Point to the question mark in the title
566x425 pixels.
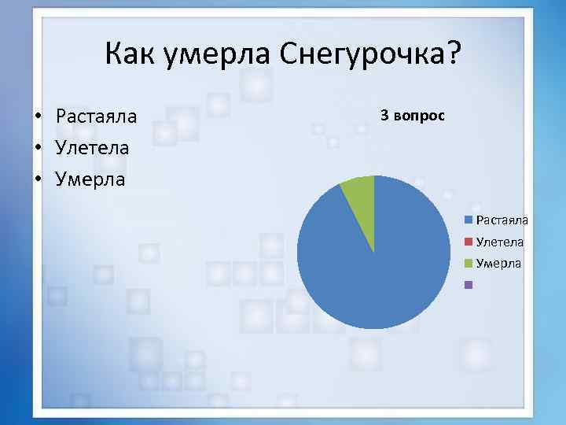coord(454,55)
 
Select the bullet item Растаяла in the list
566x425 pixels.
coord(96,116)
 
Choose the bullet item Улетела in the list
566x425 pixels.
coord(92,148)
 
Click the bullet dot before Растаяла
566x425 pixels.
coord(37,116)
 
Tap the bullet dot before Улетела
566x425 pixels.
coord(37,148)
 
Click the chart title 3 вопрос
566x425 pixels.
coord(412,116)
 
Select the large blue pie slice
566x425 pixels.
coord(377,268)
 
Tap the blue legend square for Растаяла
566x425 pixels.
coord(469,221)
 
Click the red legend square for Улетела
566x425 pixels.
coord(469,242)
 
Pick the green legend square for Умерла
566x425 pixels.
coord(469,264)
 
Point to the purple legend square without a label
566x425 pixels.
coord(469,285)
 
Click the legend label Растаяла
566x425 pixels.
coord(502,221)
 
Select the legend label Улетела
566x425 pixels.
coord(500,242)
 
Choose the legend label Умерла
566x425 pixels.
coord(498,264)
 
